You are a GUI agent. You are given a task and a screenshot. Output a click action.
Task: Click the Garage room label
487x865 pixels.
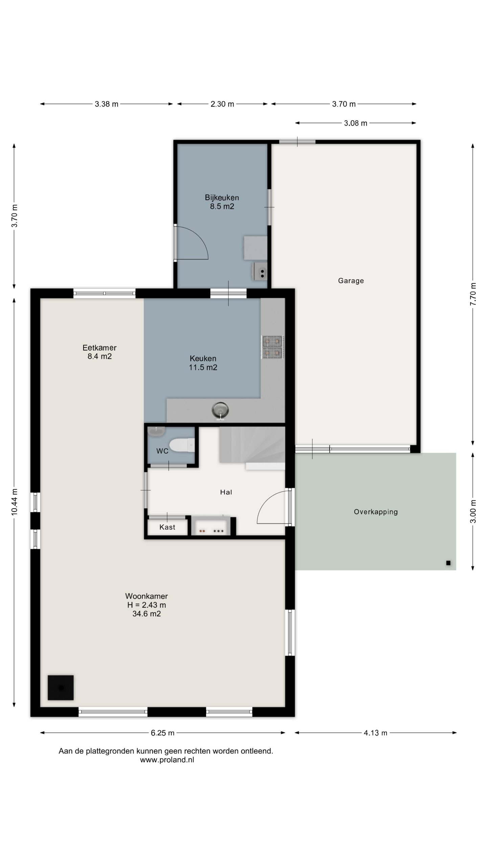click(x=351, y=281)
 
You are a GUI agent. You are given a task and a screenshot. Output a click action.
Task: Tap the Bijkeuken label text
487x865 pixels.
click(x=222, y=197)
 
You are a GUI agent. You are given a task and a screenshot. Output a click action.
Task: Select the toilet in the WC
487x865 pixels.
click(x=182, y=445)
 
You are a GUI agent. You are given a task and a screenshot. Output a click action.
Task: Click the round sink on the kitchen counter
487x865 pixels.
click(x=220, y=411)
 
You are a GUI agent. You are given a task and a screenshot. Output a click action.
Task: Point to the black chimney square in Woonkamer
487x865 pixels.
click(x=61, y=688)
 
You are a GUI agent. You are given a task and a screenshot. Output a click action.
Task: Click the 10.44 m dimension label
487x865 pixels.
click(x=14, y=502)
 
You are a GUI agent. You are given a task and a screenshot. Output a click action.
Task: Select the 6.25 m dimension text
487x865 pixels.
click(x=163, y=733)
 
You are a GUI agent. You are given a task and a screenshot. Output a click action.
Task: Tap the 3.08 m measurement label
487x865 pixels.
click(x=355, y=123)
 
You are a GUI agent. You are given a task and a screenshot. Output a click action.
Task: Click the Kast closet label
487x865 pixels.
click(x=167, y=527)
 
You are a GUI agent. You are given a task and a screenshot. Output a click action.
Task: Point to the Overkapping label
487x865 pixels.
click(x=376, y=512)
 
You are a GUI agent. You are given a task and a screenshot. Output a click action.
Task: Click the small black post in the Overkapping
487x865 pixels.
click(x=448, y=563)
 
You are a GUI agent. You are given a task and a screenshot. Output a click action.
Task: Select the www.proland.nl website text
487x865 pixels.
click(x=167, y=760)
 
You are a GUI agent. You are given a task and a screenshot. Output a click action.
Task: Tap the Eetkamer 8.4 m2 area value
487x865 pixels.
click(x=99, y=356)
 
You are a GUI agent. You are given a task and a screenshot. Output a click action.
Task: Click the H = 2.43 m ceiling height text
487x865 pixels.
click(x=146, y=605)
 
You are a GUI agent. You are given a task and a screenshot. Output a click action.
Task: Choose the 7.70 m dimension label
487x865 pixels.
click(x=473, y=294)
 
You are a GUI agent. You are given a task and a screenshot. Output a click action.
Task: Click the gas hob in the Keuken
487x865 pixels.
click(x=273, y=347)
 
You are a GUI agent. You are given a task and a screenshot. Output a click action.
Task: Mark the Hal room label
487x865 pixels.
click(x=226, y=492)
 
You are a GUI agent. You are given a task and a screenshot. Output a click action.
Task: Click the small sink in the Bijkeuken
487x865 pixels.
click(x=259, y=272)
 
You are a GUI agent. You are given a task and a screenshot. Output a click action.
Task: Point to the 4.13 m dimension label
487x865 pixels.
click(x=375, y=733)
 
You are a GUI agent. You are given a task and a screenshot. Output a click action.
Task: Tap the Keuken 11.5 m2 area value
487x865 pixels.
click(x=203, y=367)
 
